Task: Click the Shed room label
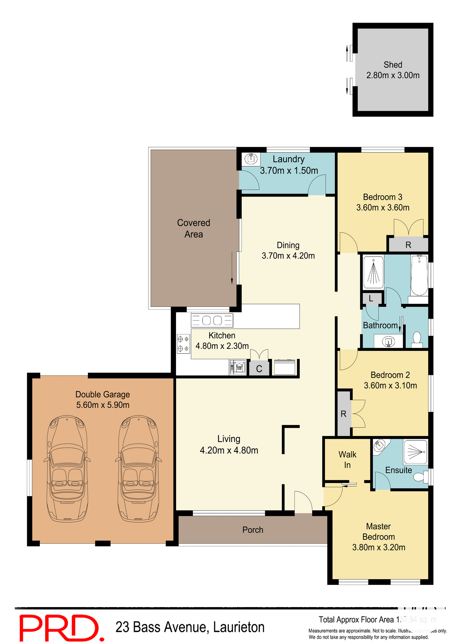pyautogui.click(x=393, y=65)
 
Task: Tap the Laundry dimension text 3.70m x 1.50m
pyautogui.click(x=289, y=171)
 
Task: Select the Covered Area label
pyautogui.click(x=193, y=228)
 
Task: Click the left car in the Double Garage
pyautogui.click(x=67, y=469)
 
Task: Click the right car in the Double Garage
pyautogui.click(x=138, y=469)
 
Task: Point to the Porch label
pyautogui.click(x=252, y=530)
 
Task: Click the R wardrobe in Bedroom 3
pyautogui.click(x=408, y=245)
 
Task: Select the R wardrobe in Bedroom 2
pyautogui.click(x=343, y=414)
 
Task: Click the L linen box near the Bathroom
pyautogui.click(x=371, y=299)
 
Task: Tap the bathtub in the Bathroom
pyautogui.click(x=419, y=276)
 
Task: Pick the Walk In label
pyautogui.click(x=347, y=460)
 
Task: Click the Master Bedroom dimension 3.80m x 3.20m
pyautogui.click(x=379, y=547)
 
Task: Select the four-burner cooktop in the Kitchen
pyautogui.click(x=183, y=344)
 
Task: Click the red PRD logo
pyautogui.click(x=60, y=628)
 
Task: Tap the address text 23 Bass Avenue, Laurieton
pyautogui.click(x=190, y=627)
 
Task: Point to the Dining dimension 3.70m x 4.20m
pyautogui.click(x=288, y=256)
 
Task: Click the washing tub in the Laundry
pyautogui.click(x=251, y=158)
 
